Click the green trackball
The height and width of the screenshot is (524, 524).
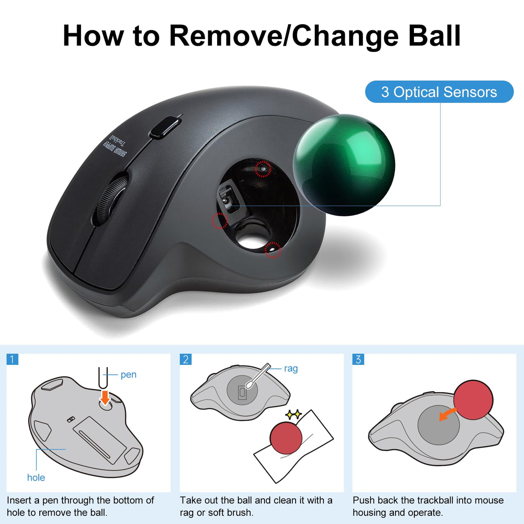[x=344, y=165]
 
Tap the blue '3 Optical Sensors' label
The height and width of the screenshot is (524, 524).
[x=439, y=92]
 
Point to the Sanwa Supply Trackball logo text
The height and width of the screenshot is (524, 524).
[x=115, y=146]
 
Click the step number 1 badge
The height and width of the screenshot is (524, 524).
[x=12, y=359]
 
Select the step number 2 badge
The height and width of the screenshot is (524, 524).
[x=185, y=359]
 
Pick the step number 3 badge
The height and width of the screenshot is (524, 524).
[x=358, y=359]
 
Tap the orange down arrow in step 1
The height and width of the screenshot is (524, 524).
[x=105, y=398]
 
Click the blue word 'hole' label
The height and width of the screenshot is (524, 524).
[x=36, y=478]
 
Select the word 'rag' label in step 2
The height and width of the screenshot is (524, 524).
[x=291, y=369]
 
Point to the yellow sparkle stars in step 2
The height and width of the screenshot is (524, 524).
[x=293, y=414]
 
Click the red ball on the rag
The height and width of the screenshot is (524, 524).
[x=286, y=438]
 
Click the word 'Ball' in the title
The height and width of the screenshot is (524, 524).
[x=434, y=36]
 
